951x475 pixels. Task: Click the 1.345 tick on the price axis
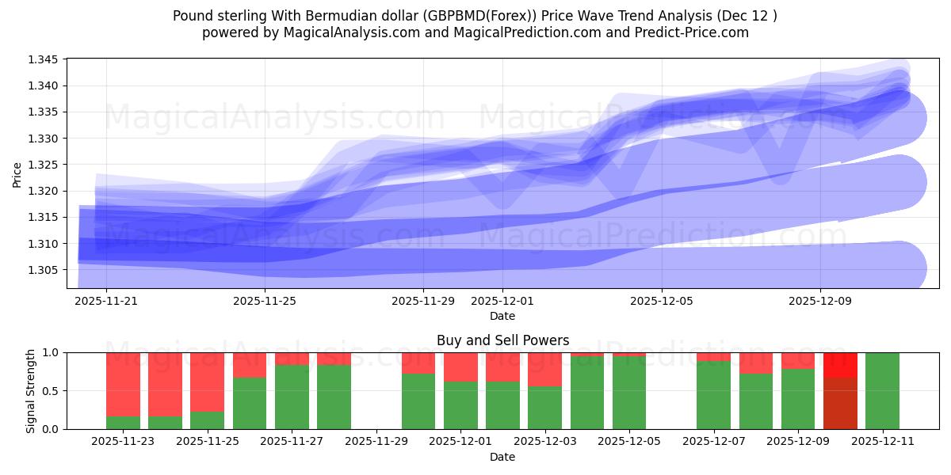tap(44, 59)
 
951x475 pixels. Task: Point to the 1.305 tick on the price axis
tap(44, 270)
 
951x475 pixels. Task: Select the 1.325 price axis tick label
tap(44, 165)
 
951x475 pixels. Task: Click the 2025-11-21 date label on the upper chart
tap(106, 301)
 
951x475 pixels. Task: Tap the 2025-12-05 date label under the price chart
tap(662, 301)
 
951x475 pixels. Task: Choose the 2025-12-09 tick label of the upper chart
tap(820, 301)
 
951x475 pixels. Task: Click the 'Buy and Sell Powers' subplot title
tap(502, 340)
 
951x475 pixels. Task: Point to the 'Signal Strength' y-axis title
tap(31, 390)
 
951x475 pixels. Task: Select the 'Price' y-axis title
tap(17, 173)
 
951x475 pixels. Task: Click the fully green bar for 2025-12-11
tap(882, 390)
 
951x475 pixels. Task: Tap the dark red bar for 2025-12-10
tap(840, 404)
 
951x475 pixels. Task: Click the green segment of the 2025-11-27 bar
tap(292, 397)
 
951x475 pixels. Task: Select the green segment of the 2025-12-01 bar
tap(460, 405)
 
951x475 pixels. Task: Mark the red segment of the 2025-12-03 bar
tap(544, 369)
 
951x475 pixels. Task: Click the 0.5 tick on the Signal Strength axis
tap(52, 391)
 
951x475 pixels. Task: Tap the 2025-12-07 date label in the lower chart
tap(713, 442)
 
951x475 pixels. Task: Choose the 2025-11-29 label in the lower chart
tap(376, 442)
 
